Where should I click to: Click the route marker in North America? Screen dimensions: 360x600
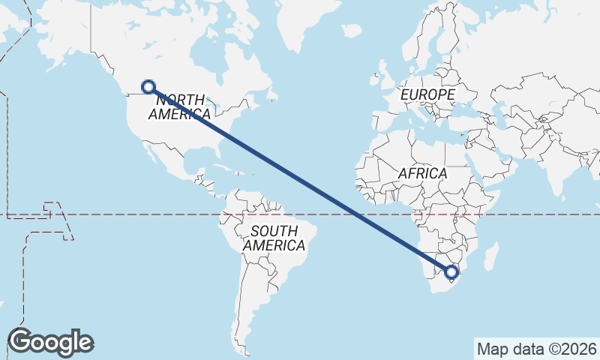click(x=148, y=86)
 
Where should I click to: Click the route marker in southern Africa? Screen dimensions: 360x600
click(x=451, y=271)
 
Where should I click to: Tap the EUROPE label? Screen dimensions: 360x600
click(x=427, y=95)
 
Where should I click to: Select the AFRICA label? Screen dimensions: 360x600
click(x=422, y=173)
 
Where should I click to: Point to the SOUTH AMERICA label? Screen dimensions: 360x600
click(x=274, y=238)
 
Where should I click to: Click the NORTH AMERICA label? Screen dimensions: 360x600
click(x=179, y=106)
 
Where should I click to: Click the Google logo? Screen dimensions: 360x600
click(x=50, y=341)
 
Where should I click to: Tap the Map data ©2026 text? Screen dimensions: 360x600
click(x=536, y=349)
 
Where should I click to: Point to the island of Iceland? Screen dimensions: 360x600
click(x=352, y=31)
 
